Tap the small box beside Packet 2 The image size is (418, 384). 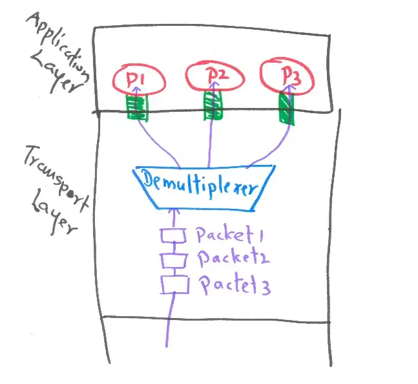(x=171, y=260)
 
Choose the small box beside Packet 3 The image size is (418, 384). (x=171, y=283)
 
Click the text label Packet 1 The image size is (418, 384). (x=224, y=235)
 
